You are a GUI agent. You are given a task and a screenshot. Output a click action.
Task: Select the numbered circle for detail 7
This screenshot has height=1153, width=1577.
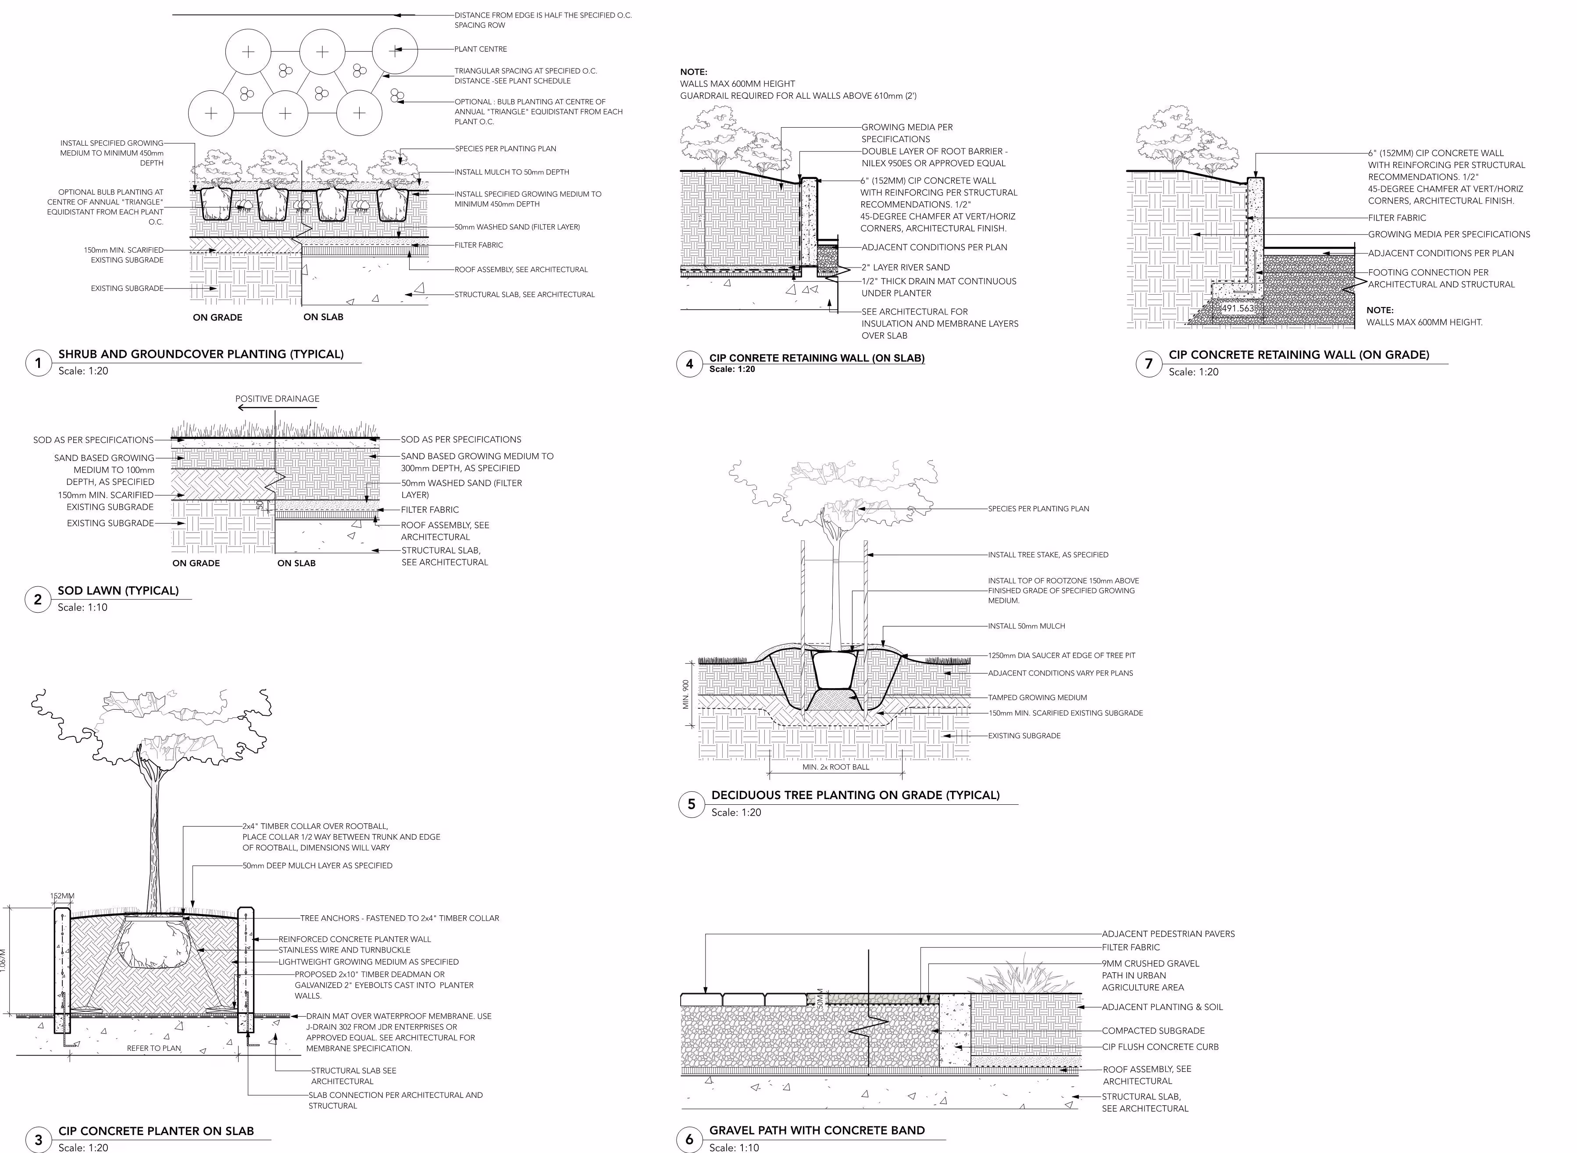point(1149,364)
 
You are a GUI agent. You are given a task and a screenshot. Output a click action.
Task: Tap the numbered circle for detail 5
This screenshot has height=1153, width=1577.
point(691,804)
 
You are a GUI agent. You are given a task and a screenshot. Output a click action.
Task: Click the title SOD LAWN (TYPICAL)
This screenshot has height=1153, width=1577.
point(118,590)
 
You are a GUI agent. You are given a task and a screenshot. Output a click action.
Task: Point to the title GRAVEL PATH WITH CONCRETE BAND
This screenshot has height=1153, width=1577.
point(817,1130)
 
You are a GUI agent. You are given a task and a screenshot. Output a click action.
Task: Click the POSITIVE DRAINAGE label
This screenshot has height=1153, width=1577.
point(277,399)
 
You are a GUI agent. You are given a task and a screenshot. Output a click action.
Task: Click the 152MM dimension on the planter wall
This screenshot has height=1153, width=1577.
point(62,896)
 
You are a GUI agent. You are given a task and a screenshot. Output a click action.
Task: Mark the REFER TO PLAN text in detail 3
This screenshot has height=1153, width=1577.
point(153,1048)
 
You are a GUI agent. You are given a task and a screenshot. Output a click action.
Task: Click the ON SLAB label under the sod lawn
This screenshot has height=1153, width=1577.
point(296,563)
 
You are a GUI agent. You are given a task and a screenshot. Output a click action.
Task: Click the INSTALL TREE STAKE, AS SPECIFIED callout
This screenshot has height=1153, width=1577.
point(1047,555)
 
